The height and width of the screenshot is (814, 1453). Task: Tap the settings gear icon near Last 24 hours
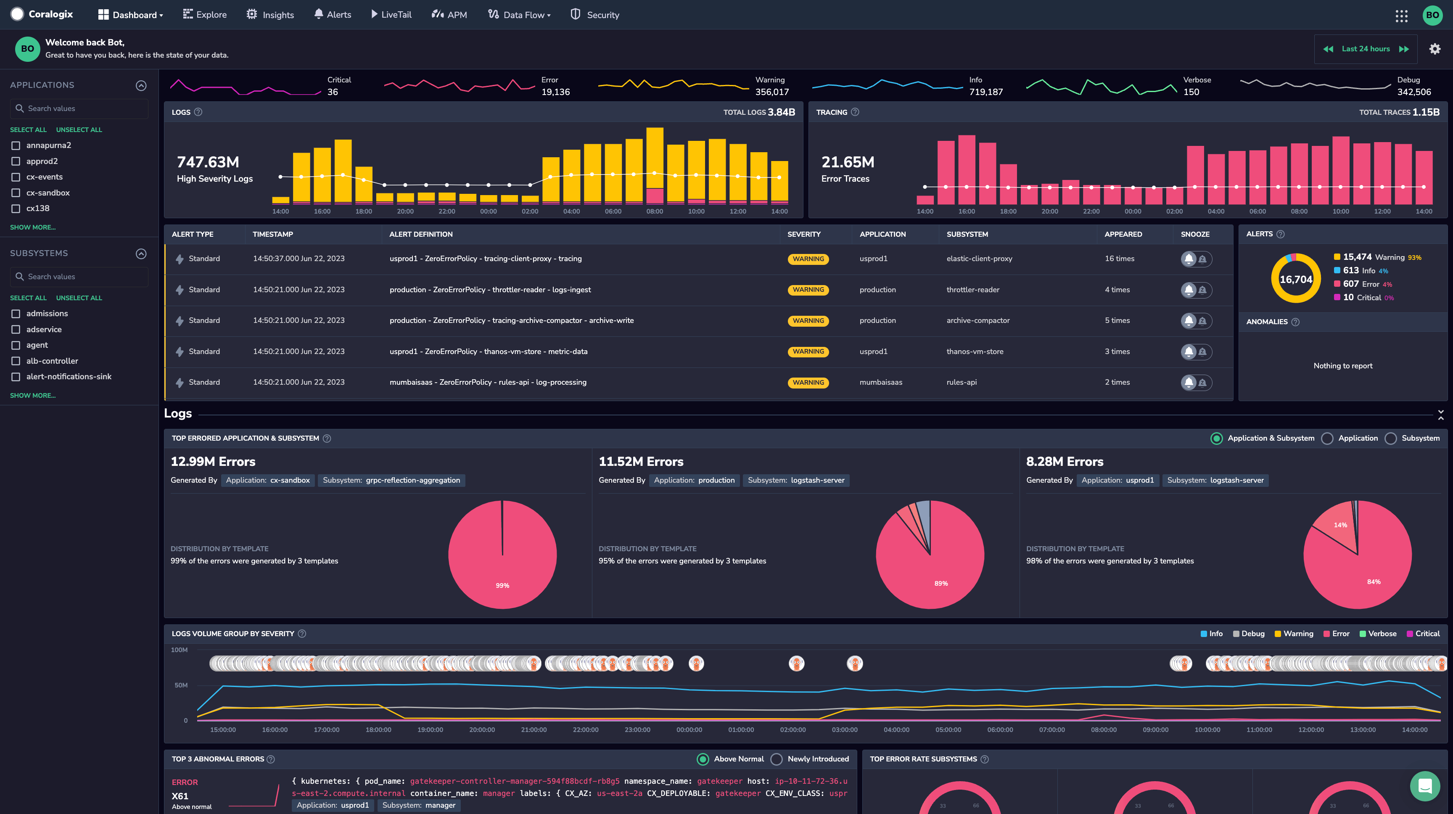[1435, 49]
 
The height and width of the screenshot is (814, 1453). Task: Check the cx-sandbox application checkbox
[16, 193]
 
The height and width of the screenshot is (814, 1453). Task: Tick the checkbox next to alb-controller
[16, 361]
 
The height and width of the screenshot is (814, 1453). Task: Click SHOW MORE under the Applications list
[33, 227]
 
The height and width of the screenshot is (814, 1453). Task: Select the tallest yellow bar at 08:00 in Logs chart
[654, 158]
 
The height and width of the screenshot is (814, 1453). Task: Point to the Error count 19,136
[555, 92]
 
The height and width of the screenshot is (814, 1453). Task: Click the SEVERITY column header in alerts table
[804, 234]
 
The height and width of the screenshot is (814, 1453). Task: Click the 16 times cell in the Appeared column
[1119, 258]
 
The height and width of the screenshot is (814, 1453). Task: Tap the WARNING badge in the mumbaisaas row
[808, 383]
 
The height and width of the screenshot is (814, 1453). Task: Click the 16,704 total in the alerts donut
[1296, 279]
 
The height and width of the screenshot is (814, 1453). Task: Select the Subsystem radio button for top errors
[1391, 438]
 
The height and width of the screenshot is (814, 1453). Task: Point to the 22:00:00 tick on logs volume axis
[586, 729]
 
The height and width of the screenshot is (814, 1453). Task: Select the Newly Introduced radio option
[777, 759]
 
